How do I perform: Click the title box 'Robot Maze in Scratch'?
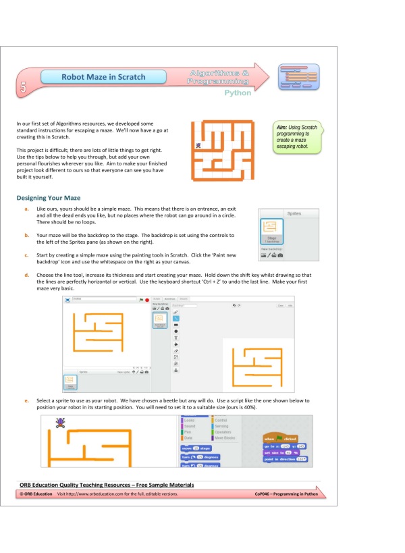[x=103, y=77]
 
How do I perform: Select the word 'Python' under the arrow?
[x=238, y=93]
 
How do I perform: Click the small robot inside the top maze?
[x=198, y=145]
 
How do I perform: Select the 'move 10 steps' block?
[x=196, y=448]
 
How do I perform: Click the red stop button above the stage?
[x=146, y=298]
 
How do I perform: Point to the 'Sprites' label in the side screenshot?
[x=294, y=213]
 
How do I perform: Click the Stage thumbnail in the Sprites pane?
[x=272, y=232]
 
